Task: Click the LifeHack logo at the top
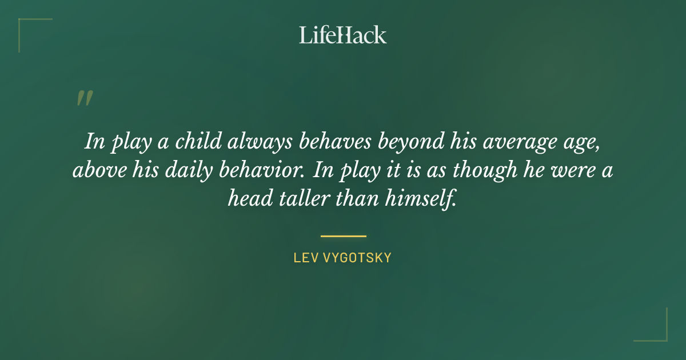coord(342,35)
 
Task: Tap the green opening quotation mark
coord(84,98)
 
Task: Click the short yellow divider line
coord(343,235)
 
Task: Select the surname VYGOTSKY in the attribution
coord(357,258)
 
